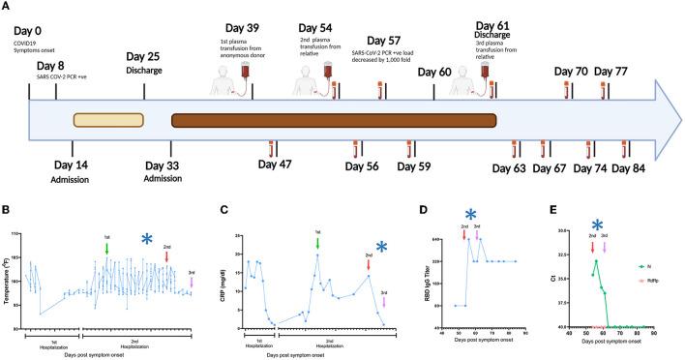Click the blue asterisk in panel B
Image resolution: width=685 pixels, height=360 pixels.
coord(145,240)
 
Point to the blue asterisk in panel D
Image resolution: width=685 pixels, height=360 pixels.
coord(470,215)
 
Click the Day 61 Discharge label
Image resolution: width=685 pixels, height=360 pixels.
coord(498,29)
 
